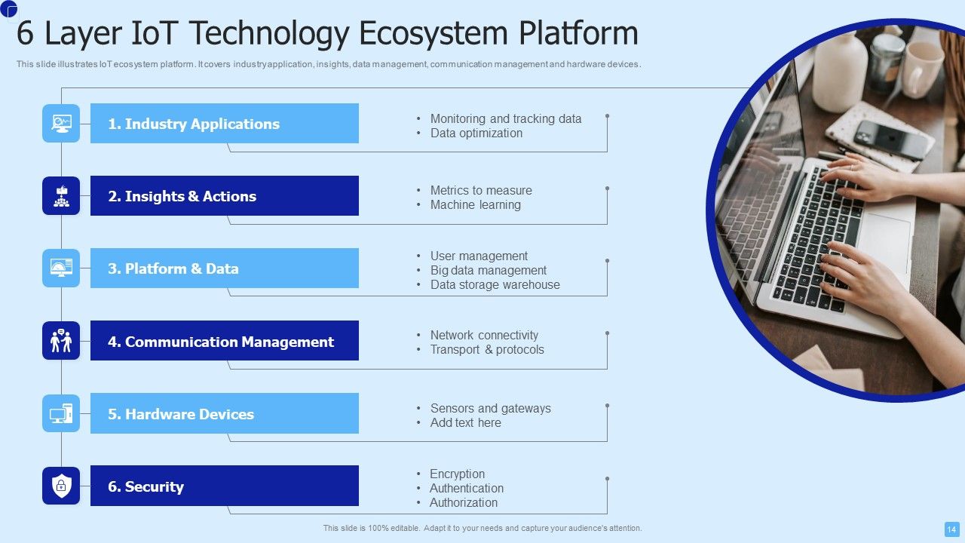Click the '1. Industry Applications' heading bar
[224, 124]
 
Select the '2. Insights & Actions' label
[224, 196]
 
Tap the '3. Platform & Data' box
[224, 268]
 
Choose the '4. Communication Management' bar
[224, 342]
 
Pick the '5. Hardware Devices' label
[224, 414]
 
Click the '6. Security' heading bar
[224, 486]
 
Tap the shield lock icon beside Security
[61, 486]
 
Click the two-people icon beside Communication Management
[61, 341]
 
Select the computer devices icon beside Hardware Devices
[61, 413]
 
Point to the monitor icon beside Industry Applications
[61, 123]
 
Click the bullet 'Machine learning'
[475, 205]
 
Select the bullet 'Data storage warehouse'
[495, 285]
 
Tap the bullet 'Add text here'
[465, 423]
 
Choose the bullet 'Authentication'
[466, 489]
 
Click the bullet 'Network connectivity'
[484, 336]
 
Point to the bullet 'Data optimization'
[476, 133]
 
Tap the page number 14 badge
[951, 529]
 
